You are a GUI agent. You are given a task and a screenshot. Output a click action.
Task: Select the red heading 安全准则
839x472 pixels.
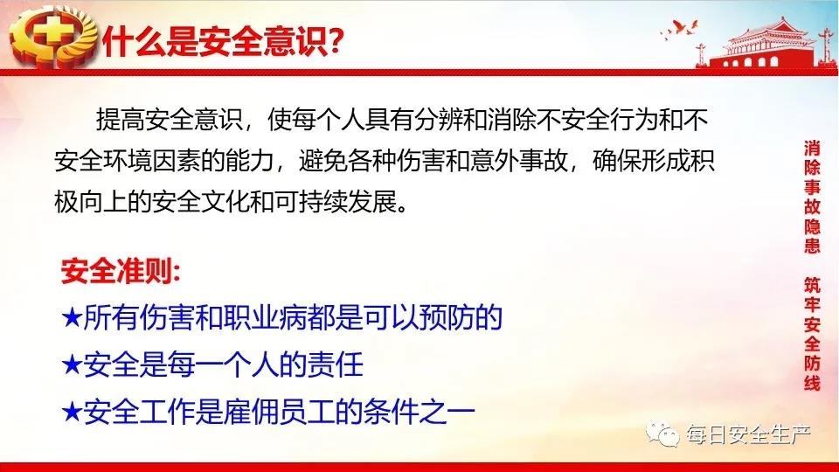coord(120,272)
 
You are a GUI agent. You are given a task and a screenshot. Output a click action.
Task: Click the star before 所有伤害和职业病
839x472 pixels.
coord(71,318)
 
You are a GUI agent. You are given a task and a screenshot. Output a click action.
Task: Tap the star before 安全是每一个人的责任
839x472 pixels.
coord(71,365)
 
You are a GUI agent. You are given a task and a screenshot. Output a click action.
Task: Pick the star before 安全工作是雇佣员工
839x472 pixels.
coord(71,412)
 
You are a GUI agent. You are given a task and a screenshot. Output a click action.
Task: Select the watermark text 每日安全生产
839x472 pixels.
coord(748,434)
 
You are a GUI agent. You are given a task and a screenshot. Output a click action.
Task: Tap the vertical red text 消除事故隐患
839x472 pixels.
coord(812,197)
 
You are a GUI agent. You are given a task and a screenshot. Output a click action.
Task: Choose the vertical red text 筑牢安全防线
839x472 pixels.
coord(812,334)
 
